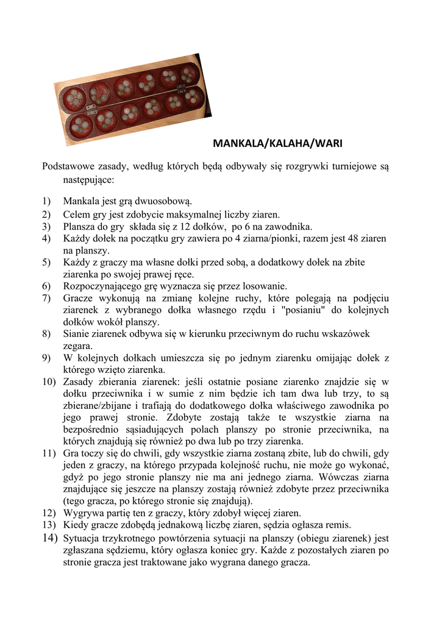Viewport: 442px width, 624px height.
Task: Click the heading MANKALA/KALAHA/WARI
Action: tap(277, 144)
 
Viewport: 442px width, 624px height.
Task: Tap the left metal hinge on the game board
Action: tap(91, 110)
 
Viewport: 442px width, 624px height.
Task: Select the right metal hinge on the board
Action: tap(180, 88)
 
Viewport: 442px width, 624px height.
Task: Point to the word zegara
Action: tap(76, 346)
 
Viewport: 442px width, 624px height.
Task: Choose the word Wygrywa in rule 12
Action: tap(82, 513)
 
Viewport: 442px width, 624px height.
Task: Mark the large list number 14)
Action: tap(49, 537)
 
